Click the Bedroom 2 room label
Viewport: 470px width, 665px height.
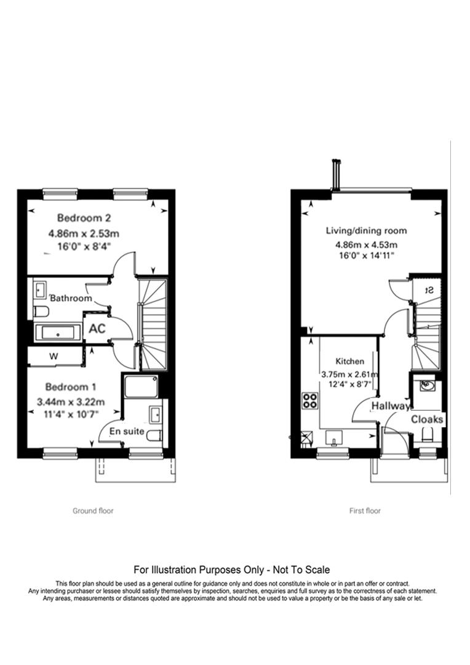(x=83, y=217)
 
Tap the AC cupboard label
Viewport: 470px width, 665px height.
(x=97, y=328)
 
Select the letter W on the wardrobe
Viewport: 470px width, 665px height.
(x=54, y=355)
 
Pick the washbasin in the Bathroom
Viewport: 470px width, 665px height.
(x=40, y=288)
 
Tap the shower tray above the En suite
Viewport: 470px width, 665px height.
(x=142, y=388)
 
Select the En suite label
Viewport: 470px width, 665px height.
(x=127, y=431)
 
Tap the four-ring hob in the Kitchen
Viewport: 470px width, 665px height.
(x=309, y=401)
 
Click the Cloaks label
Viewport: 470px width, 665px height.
(x=428, y=419)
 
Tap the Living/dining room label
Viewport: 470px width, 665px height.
(x=366, y=231)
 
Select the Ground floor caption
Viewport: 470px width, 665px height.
(x=93, y=510)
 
